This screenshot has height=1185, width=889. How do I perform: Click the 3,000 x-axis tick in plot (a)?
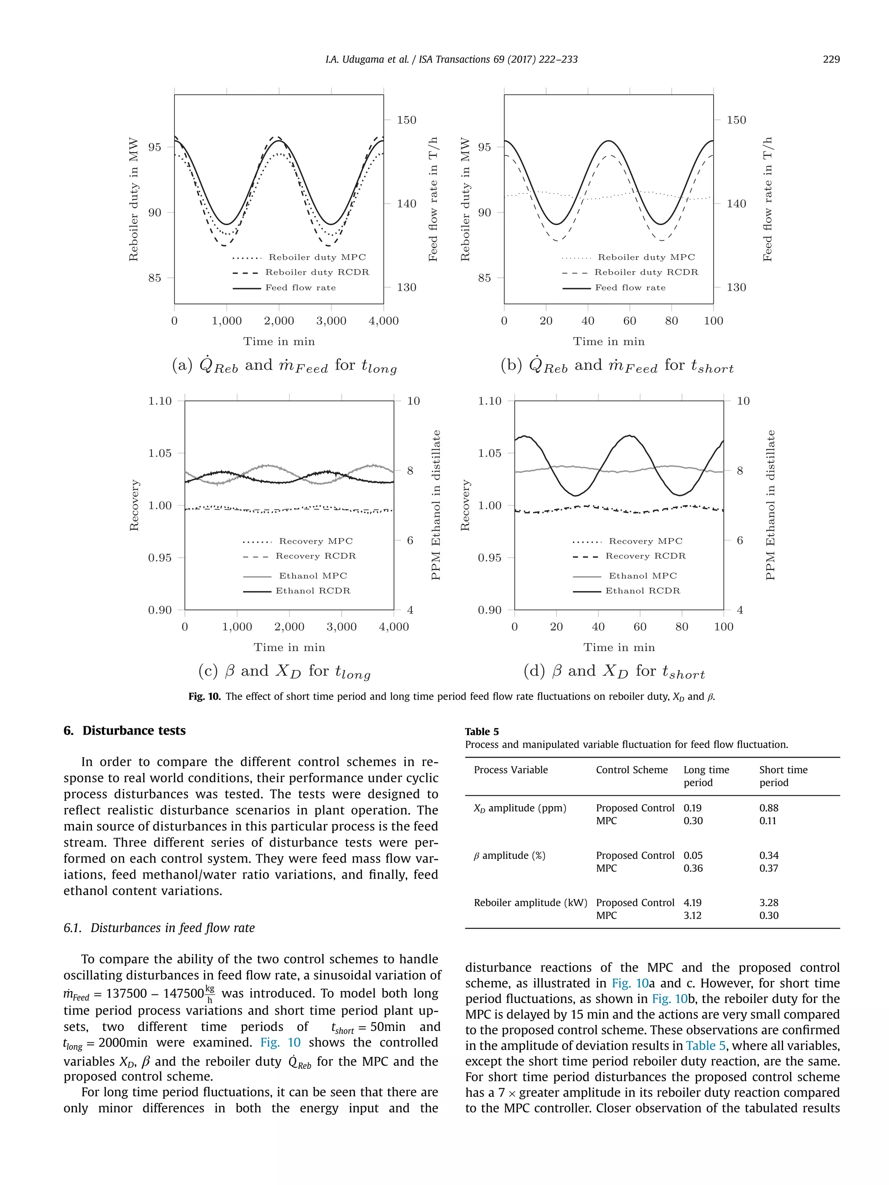tap(331, 321)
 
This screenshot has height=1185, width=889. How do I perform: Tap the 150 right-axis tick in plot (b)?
tap(736, 120)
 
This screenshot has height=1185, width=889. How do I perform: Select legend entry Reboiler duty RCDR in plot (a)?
tap(317, 272)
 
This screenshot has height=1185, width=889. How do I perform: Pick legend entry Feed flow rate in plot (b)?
tap(630, 288)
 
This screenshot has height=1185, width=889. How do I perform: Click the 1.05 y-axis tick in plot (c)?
tap(160, 453)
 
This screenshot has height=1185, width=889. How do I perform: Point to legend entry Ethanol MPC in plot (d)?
tap(642, 576)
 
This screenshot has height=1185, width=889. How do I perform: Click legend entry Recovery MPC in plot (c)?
tap(316, 541)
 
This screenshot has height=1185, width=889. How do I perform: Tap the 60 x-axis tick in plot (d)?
tap(640, 627)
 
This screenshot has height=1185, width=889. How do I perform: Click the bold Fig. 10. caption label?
tap(204, 696)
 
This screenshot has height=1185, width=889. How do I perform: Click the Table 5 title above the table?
tap(481, 732)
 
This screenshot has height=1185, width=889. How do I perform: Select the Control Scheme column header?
tap(631, 770)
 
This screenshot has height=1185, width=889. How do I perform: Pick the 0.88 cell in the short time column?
tap(768, 808)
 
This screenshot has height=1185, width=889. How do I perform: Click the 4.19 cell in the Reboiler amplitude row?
tap(692, 903)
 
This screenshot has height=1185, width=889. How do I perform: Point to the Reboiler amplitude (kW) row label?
tap(530, 903)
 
